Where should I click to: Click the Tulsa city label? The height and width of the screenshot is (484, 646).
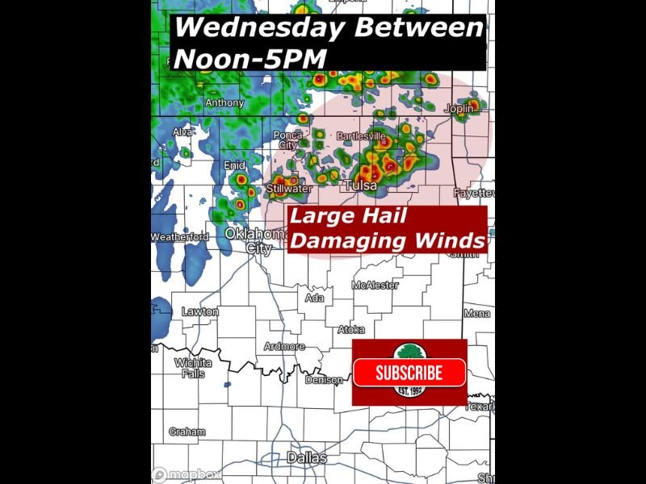pos(362,186)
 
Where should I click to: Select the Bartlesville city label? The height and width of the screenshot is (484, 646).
pos(363,136)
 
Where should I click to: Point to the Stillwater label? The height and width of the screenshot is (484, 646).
pos(289,190)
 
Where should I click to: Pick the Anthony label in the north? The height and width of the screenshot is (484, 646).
pos(224,103)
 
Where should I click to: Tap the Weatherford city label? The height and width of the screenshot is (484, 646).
pos(179,237)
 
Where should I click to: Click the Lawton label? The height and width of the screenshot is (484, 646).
pos(199,311)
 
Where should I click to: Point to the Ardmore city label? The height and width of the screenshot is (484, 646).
pos(284,347)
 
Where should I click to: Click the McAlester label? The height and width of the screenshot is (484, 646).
pos(375,285)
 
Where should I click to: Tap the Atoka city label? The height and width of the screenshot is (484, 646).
pos(351,329)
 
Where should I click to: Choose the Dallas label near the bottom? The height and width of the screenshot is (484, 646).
pos(308,458)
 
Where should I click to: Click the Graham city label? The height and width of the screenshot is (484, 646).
pos(187,432)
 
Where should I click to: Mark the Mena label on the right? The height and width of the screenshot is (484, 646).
pos(476,313)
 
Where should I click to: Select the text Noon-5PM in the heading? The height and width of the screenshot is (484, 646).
pos(250,58)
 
